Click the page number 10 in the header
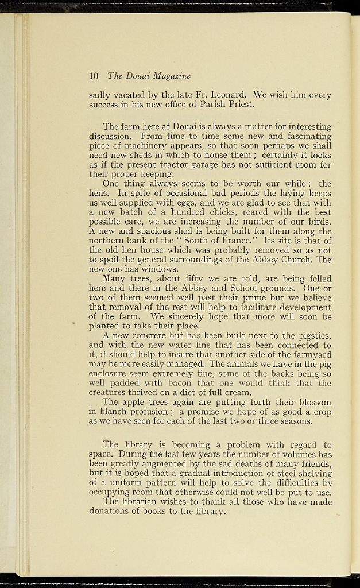point(94,76)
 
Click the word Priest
point(239,105)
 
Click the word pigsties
point(309,335)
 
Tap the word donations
point(112,511)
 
